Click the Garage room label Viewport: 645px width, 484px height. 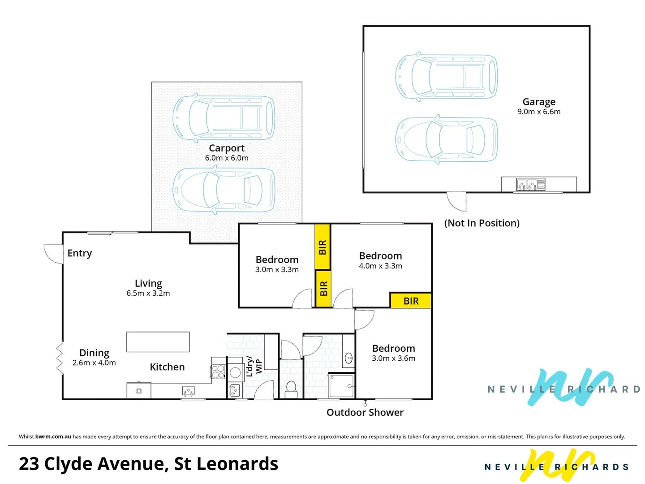tap(539, 102)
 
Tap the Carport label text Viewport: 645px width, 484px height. tap(227, 148)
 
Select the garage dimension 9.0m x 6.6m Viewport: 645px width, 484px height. tap(539, 112)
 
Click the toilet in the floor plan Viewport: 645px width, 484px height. tap(291, 389)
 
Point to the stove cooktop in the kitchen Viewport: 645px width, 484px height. tap(218, 372)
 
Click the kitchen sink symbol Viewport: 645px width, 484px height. tap(189, 391)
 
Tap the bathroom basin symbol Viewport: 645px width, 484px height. tap(349, 358)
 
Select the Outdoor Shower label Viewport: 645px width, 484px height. tap(365, 412)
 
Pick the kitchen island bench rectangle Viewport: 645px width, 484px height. tap(158, 342)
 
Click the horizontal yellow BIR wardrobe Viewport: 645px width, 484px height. tap(411, 301)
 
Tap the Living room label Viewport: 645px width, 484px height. tap(148, 283)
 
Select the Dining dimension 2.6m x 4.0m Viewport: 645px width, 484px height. tap(94, 363)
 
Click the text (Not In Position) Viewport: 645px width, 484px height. tap(482, 223)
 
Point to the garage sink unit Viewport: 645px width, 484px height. tap(531, 184)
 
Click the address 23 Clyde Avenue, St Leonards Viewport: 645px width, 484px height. tap(148, 464)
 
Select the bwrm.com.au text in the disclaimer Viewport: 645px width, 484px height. tap(53, 436)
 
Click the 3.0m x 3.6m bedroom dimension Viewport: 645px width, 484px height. tap(393, 359)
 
